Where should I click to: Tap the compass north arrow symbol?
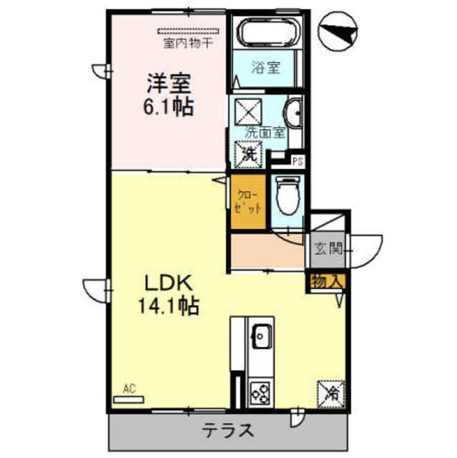(x=338, y=31)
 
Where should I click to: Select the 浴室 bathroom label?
(x=265, y=67)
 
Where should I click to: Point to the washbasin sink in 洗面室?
(x=293, y=113)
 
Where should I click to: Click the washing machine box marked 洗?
(x=248, y=155)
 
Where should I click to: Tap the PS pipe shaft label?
(x=298, y=162)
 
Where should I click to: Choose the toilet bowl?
(x=288, y=195)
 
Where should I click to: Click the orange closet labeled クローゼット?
(x=248, y=202)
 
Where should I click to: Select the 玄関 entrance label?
(x=328, y=249)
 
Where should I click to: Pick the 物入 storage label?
(x=326, y=281)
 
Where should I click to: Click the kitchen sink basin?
(x=262, y=336)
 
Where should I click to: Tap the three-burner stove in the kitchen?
(x=260, y=393)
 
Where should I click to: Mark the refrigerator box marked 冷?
(x=332, y=394)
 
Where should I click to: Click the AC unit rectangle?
(x=129, y=399)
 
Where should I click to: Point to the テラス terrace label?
(x=227, y=431)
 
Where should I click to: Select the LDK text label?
(x=169, y=283)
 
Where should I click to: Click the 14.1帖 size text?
(x=169, y=306)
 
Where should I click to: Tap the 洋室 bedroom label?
(x=169, y=83)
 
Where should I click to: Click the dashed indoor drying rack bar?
(x=188, y=31)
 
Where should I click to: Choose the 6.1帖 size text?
(x=168, y=107)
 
